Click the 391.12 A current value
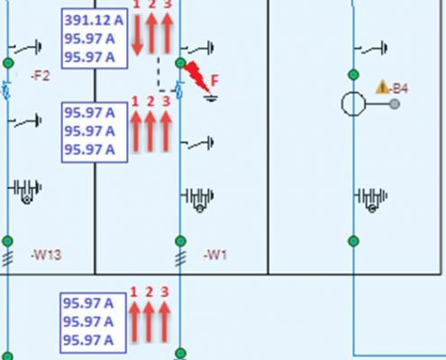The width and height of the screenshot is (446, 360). pyautogui.click(x=94, y=21)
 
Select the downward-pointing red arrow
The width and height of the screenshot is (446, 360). pyautogui.click(x=137, y=36)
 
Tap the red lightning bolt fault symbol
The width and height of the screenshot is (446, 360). pyautogui.click(x=196, y=76)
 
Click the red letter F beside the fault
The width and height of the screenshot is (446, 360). pyautogui.click(x=215, y=80)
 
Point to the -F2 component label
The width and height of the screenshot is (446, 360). pyautogui.click(x=41, y=76)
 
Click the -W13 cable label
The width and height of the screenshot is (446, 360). pyautogui.click(x=46, y=255)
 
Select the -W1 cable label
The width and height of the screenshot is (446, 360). pyautogui.click(x=215, y=255)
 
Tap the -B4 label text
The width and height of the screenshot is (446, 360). pyautogui.click(x=398, y=88)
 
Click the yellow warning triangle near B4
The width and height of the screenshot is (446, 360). pyautogui.click(x=382, y=87)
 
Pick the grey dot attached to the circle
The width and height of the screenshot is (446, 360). pyautogui.click(x=395, y=104)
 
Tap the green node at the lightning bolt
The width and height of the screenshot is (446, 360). pyautogui.click(x=180, y=63)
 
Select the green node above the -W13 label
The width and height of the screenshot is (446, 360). pyautogui.click(x=8, y=241)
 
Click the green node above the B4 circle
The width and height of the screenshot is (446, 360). pyautogui.click(x=353, y=75)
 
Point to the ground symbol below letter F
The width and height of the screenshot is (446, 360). pyautogui.click(x=211, y=98)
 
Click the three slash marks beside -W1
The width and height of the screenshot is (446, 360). pyautogui.click(x=180, y=258)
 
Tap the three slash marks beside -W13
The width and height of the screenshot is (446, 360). pyautogui.click(x=7, y=258)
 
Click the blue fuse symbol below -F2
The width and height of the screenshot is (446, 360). pyautogui.click(x=6, y=91)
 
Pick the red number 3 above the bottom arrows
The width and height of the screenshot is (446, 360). pyautogui.click(x=165, y=292)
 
